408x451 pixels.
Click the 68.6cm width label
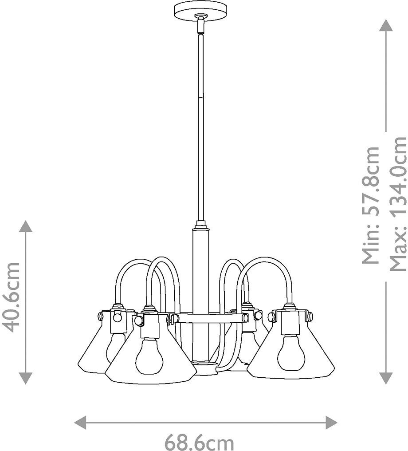click(x=199, y=442)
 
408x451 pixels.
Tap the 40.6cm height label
click(x=11, y=297)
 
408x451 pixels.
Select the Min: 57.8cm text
click(x=371, y=205)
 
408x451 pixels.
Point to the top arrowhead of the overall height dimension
click(x=385, y=26)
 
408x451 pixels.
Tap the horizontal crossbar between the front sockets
click(x=208, y=318)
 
